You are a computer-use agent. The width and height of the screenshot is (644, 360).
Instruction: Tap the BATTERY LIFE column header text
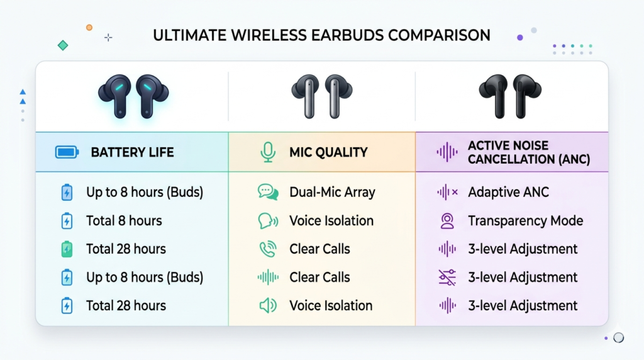pyautogui.click(x=132, y=152)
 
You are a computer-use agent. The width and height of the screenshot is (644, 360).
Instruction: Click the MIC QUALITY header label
pyautogui.click(x=328, y=152)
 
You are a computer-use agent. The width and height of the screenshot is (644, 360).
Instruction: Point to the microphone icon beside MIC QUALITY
pyautogui.click(x=268, y=152)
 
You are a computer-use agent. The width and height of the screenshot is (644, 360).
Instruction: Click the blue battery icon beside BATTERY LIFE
pyautogui.click(x=67, y=152)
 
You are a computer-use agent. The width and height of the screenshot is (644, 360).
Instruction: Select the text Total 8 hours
pyautogui.click(x=124, y=221)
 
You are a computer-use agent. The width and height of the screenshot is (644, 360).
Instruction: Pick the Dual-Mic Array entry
pyautogui.click(x=332, y=193)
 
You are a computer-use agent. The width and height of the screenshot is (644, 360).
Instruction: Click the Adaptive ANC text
pyautogui.click(x=508, y=193)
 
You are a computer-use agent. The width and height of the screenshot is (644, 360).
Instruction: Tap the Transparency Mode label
pyautogui.click(x=526, y=221)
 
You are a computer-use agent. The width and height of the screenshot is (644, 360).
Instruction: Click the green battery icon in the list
pyautogui.click(x=67, y=249)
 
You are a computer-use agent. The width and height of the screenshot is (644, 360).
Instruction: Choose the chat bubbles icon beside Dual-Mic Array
pyautogui.click(x=268, y=192)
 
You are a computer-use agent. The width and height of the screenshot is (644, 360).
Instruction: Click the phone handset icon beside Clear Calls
pyautogui.click(x=268, y=249)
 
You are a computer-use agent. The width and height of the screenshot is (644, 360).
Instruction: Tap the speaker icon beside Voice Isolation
pyautogui.click(x=268, y=306)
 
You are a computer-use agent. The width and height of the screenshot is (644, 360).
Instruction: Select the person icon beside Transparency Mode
pyautogui.click(x=447, y=221)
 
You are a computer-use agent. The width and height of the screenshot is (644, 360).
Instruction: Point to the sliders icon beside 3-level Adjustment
pyautogui.click(x=447, y=278)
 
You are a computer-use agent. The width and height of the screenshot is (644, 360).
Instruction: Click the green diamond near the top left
pyautogui.click(x=63, y=45)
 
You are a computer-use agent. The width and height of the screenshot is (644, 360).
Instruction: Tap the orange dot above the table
pyautogui.click(x=89, y=28)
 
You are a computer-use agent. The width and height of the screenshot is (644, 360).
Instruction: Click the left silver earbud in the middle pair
pyautogui.click(x=306, y=96)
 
